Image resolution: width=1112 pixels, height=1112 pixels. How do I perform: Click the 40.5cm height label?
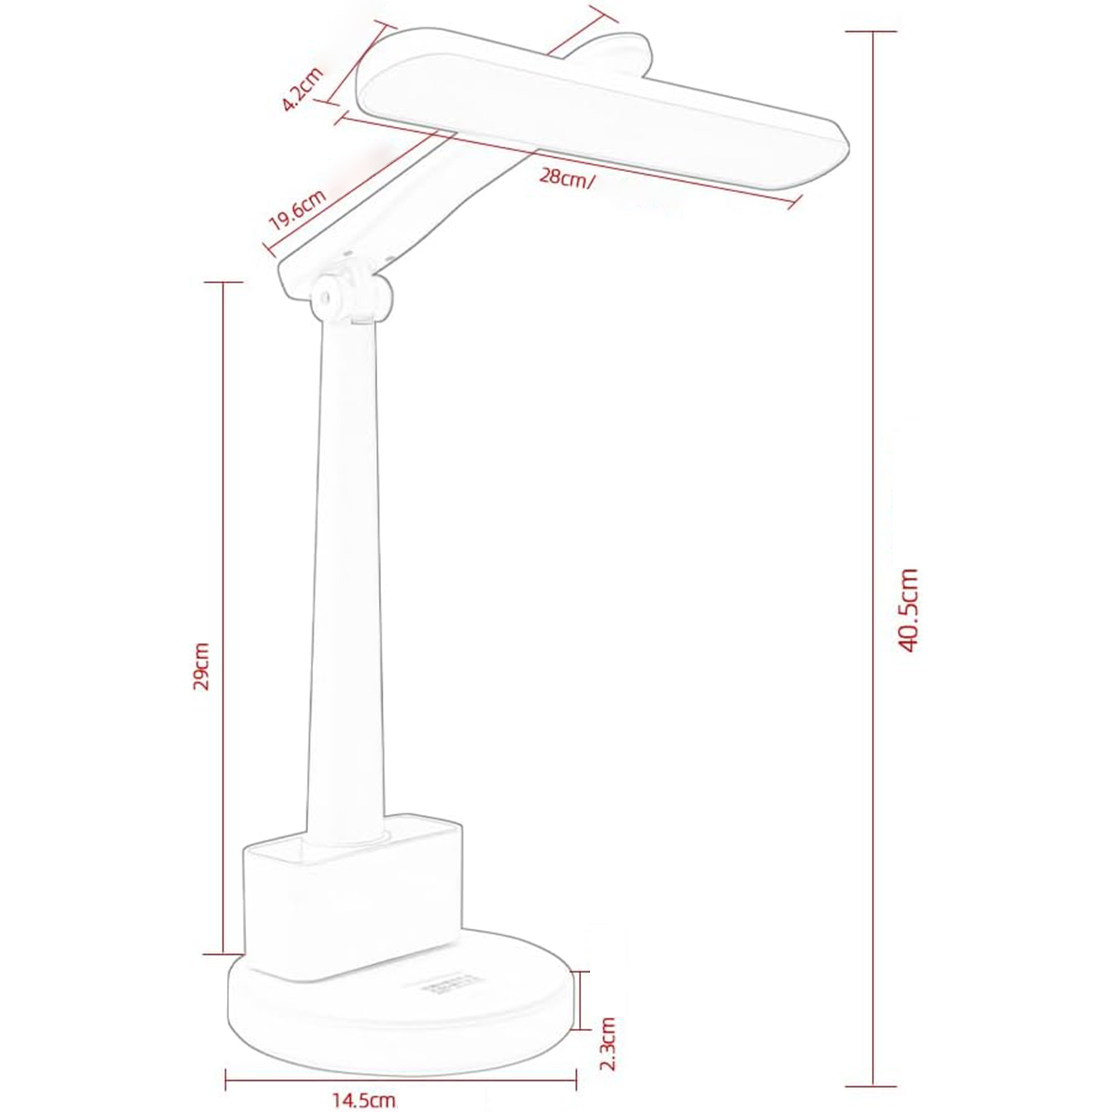[x=908, y=609]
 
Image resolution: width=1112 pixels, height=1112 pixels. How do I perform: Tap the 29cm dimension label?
[x=202, y=666]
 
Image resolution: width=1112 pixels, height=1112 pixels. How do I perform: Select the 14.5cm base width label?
[x=363, y=1100]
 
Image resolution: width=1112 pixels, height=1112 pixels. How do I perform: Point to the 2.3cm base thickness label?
[x=607, y=1043]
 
